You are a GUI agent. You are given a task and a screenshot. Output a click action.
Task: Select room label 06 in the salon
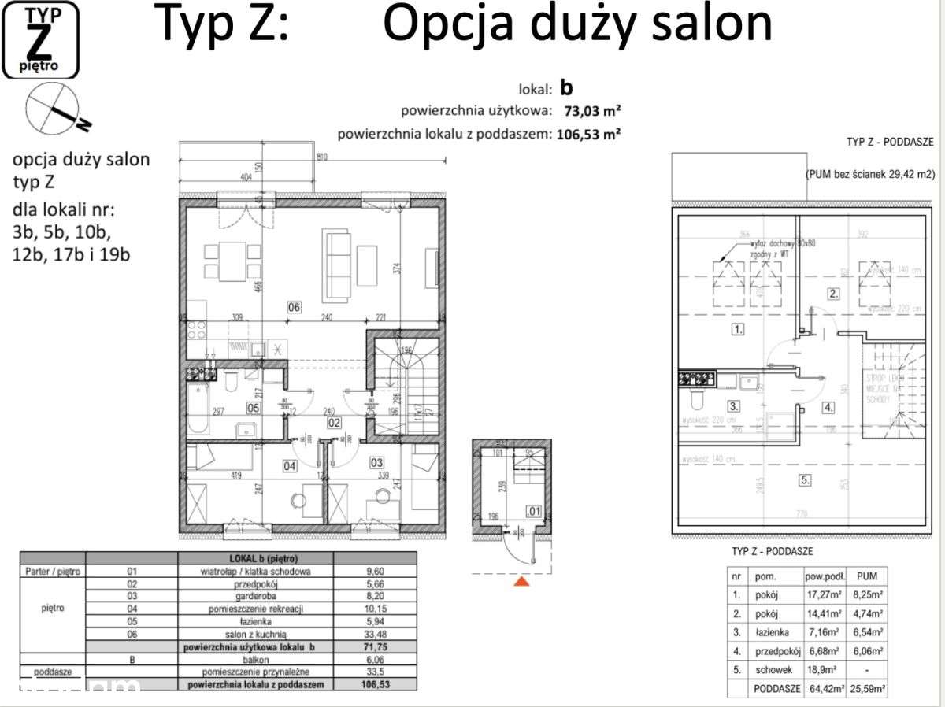pos(294,307)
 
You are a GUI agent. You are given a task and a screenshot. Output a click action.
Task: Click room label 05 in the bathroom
pos(254,407)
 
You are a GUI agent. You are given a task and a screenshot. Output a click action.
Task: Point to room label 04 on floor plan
pos(289,466)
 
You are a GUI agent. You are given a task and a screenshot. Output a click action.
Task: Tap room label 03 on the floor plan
pos(376,462)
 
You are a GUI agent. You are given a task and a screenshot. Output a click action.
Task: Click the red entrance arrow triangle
pos(520,582)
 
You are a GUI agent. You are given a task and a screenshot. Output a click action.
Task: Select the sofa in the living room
pos(337,265)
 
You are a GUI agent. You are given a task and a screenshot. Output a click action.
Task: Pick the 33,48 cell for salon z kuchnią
pos(375,635)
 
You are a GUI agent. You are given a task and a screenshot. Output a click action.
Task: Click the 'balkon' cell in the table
pos(258,660)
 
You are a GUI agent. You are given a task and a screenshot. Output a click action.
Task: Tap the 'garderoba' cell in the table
pos(258,597)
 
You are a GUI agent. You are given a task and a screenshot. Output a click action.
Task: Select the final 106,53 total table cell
pos(375,685)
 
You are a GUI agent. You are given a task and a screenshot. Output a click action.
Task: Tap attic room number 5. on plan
pos(804,479)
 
